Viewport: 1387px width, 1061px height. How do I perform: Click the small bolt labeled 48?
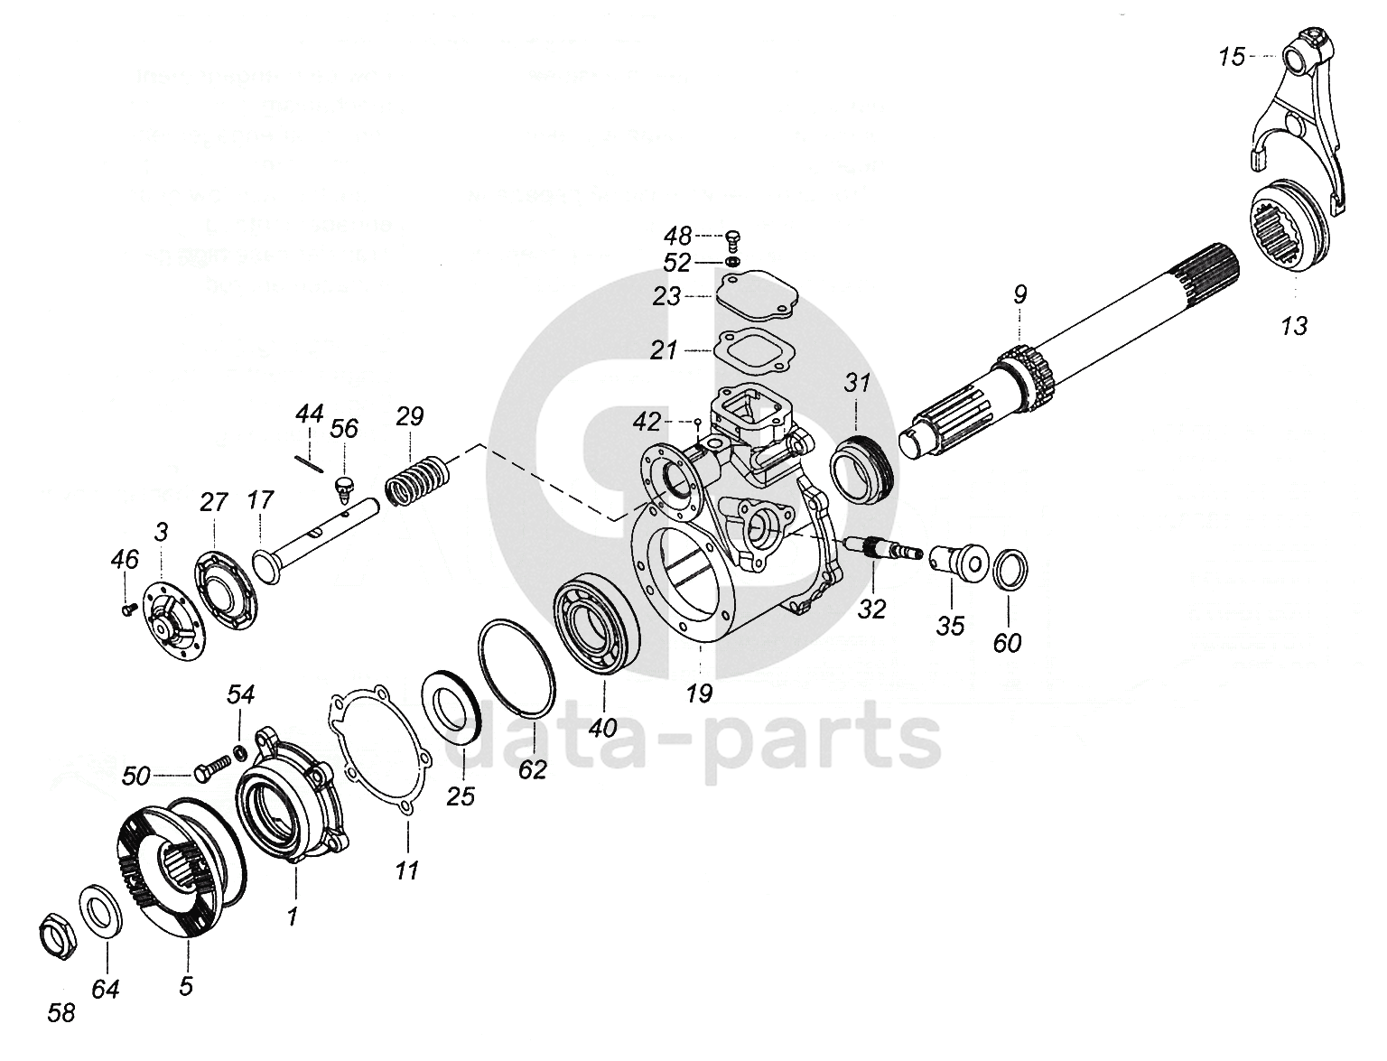[732, 238]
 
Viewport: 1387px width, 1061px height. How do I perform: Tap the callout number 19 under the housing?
[699, 693]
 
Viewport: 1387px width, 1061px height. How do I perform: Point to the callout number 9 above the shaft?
[1019, 294]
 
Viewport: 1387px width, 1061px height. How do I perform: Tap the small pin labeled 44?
[309, 461]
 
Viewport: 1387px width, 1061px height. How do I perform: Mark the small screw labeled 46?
[127, 609]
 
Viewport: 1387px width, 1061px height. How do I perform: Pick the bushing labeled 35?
[959, 560]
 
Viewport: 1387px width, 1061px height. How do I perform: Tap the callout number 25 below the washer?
[461, 797]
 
